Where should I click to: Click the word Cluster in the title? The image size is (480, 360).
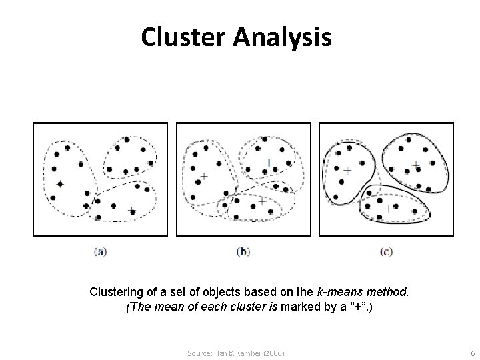(x=184, y=37)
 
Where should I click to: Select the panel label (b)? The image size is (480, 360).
(x=243, y=251)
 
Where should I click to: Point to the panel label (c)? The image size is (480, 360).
(x=386, y=251)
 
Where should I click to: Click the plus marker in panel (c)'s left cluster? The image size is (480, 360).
(x=347, y=171)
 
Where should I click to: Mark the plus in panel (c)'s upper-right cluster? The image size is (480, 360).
(x=415, y=163)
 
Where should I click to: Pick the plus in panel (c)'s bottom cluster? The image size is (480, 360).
(x=389, y=209)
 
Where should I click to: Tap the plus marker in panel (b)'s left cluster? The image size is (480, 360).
(x=203, y=177)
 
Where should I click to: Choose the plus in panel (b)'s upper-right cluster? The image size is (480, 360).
(x=269, y=162)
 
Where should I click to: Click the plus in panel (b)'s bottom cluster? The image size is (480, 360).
(x=262, y=199)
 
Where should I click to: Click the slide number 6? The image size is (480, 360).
(x=472, y=351)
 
